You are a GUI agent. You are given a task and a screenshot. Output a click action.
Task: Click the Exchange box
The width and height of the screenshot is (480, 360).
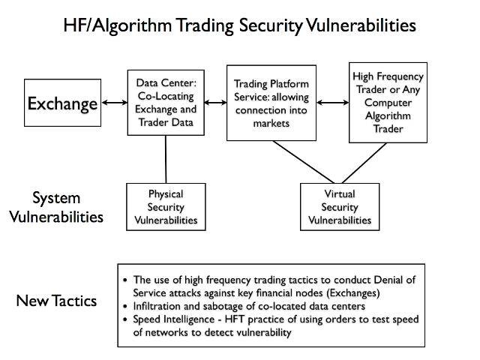62,103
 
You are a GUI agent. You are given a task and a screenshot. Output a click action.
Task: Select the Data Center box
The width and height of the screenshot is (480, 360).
166,103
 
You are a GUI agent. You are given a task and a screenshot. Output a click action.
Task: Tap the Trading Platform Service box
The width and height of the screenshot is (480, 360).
271,103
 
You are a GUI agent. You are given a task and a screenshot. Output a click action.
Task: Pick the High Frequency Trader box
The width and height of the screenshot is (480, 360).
388,103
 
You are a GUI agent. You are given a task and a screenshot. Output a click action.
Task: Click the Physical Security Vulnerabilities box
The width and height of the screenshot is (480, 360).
166,207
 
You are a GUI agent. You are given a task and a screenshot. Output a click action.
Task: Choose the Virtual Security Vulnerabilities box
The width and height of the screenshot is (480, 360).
340,207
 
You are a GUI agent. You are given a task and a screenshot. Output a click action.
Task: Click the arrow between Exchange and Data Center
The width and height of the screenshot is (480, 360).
114,103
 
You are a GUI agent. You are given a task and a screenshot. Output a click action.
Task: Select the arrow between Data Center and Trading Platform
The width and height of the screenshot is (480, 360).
215,103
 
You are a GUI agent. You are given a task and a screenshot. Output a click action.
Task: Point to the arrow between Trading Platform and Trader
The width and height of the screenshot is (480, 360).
333,103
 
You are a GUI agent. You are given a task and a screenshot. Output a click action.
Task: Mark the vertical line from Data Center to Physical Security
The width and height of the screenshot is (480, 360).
166,160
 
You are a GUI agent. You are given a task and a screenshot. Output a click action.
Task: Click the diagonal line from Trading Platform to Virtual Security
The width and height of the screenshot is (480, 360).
304,162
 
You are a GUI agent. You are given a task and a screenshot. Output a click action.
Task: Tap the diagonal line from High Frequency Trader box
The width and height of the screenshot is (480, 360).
364,163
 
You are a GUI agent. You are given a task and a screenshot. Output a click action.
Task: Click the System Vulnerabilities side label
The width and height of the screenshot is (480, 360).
56,207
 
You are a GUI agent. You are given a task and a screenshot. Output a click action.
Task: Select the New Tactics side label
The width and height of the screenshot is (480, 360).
56,301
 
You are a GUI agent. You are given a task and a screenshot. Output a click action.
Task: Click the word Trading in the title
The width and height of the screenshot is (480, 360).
205,25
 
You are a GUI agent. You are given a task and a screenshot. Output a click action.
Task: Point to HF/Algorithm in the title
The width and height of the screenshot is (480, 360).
118,25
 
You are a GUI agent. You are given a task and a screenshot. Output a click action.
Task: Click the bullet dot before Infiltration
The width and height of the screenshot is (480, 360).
125,306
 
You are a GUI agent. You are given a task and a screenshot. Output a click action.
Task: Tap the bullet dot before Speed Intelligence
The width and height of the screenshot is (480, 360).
125,319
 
